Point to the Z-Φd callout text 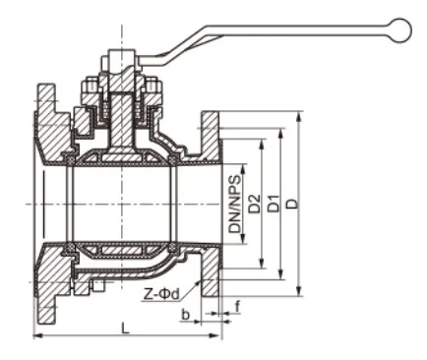click(x=159, y=294)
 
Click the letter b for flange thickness click(x=186, y=314)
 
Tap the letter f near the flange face click(x=237, y=306)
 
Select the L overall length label click(x=125, y=328)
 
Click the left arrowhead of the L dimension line click(x=38, y=336)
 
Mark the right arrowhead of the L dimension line click(x=217, y=336)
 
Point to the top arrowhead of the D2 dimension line click(x=261, y=140)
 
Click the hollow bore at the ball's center click(x=123, y=204)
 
